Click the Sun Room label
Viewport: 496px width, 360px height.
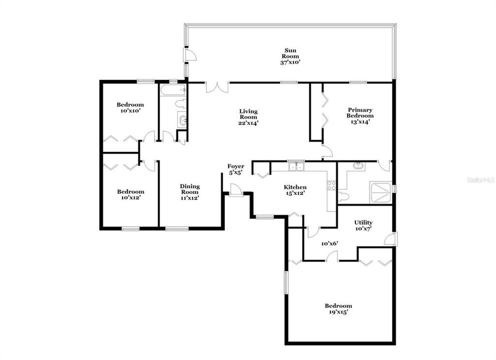(290, 50)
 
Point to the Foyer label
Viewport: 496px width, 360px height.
(236, 166)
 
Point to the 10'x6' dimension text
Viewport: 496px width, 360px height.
(330, 243)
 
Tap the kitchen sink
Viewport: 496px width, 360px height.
(296, 166)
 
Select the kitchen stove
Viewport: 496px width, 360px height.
(331, 185)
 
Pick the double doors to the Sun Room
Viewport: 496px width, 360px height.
(218, 87)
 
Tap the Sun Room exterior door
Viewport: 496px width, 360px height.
(190, 55)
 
